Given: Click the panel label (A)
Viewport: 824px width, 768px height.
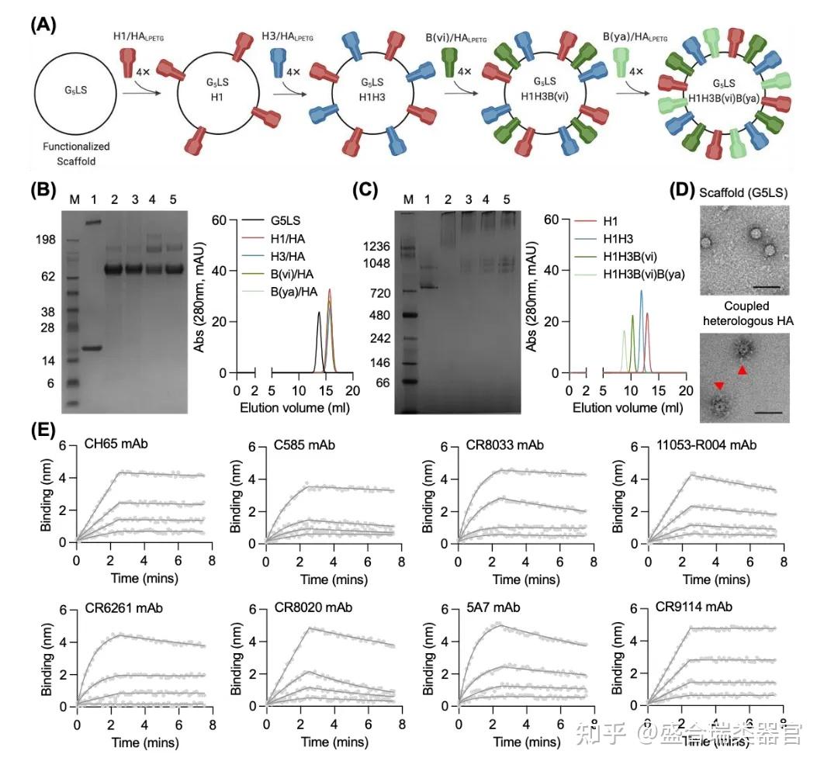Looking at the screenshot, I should (43, 24).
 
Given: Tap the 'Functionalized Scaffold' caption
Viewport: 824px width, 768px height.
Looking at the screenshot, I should (76, 153).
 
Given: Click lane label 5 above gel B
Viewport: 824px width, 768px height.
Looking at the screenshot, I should (176, 200).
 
